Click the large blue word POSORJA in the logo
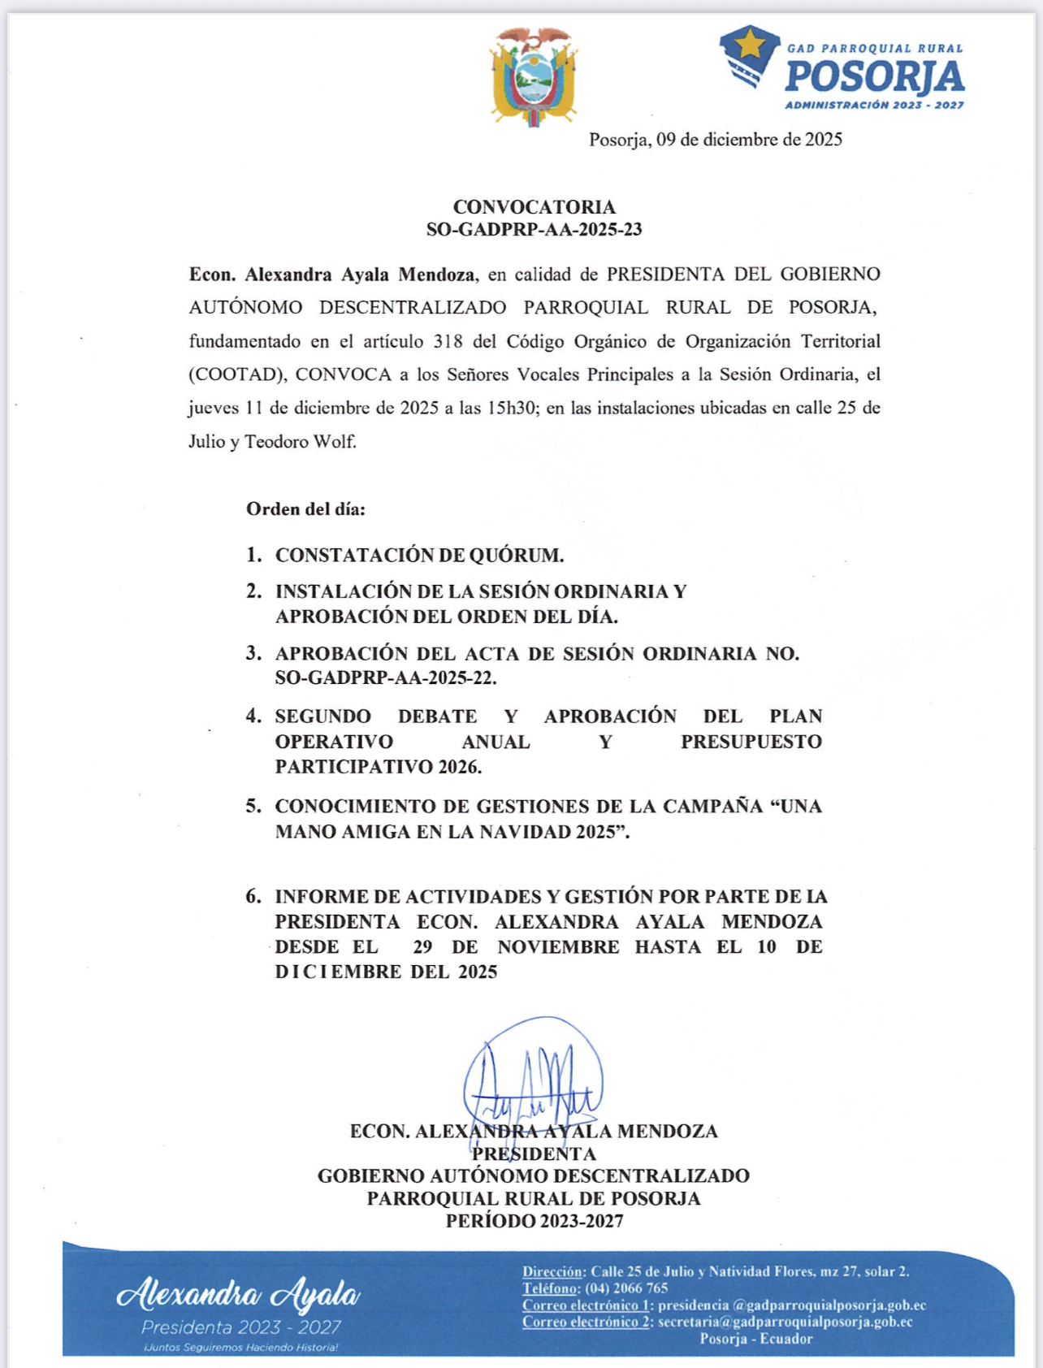point(874,77)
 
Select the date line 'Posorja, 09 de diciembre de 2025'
point(715,140)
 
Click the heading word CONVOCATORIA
point(534,207)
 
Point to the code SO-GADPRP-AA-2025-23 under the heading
point(534,229)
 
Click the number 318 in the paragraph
point(448,341)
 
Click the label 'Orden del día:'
point(305,509)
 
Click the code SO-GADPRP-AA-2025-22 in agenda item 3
point(386,678)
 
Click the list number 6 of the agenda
point(253,896)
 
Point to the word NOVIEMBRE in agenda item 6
point(558,947)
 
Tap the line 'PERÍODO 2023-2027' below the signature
point(534,1221)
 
